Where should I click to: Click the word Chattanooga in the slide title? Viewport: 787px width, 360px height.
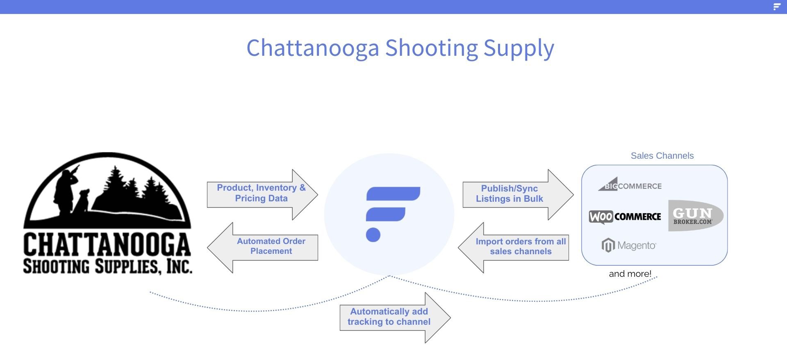313,48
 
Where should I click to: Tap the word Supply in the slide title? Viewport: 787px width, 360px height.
519,48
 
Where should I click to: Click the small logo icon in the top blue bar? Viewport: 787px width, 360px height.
777,7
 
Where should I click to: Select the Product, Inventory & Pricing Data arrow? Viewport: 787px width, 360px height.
262,194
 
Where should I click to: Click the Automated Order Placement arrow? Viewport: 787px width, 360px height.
263,248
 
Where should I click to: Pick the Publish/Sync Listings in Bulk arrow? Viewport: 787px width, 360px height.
518,194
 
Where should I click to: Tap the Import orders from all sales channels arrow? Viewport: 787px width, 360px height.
514,248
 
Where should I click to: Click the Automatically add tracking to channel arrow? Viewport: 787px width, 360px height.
395,318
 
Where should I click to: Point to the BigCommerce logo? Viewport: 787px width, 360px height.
630,185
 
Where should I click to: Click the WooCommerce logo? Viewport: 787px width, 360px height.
625,216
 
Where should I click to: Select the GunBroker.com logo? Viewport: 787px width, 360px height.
696,216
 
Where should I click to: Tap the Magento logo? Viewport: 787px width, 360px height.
629,245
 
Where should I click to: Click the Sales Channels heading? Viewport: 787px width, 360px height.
662,156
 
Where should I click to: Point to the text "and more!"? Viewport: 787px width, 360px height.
630,273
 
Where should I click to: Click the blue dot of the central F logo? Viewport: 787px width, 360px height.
373,235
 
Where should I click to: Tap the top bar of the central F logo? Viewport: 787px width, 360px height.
393,194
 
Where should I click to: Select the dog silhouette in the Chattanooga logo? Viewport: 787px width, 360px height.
82,201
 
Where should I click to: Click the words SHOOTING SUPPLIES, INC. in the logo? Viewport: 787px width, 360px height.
107,266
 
